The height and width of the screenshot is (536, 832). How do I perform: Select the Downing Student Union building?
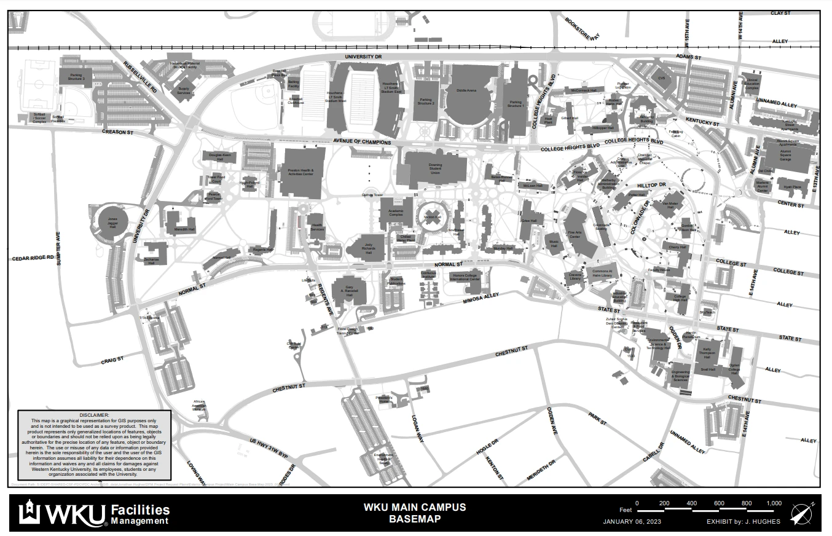pyautogui.click(x=435, y=170)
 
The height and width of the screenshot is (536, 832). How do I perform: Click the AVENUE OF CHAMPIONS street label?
pyautogui.click(x=362, y=142)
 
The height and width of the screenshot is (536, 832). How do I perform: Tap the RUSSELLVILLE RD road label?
pyautogui.click(x=140, y=77)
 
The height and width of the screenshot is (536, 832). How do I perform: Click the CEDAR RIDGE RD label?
pyautogui.click(x=33, y=258)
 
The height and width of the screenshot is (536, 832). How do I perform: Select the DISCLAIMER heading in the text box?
pyautogui.click(x=95, y=415)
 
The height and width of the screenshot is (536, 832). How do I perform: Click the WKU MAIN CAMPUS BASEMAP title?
pyautogui.click(x=415, y=513)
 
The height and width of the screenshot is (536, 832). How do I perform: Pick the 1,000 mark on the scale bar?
pyautogui.click(x=774, y=503)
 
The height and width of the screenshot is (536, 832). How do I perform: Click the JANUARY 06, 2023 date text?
pyautogui.click(x=632, y=522)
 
